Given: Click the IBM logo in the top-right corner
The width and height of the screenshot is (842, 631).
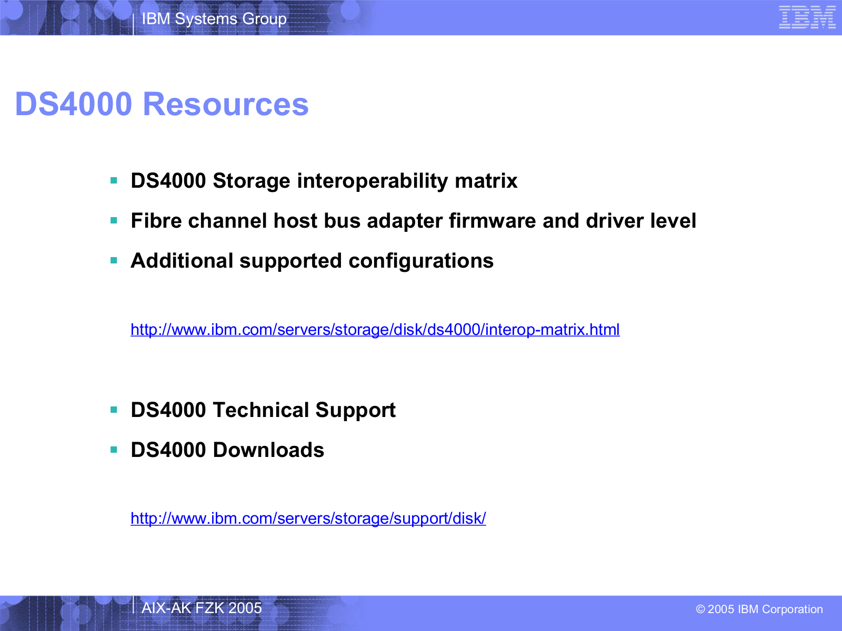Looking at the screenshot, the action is (x=807, y=17).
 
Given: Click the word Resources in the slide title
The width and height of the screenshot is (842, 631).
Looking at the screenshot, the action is (x=226, y=104).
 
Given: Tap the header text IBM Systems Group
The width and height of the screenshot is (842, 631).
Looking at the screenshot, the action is (x=214, y=19).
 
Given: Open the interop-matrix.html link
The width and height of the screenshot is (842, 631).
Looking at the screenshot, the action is (x=375, y=330).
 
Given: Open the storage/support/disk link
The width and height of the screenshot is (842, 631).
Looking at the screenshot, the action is (x=308, y=518).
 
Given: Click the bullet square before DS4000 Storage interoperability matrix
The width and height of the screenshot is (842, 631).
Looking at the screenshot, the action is (x=114, y=180).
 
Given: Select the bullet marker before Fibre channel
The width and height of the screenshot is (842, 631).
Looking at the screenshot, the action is (x=114, y=220).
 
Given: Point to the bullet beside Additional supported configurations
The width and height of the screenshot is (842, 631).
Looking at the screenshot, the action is (x=114, y=260).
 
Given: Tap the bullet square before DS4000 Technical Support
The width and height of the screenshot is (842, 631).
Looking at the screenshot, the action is (x=114, y=410).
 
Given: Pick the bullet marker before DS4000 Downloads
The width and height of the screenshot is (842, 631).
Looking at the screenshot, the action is (x=114, y=450).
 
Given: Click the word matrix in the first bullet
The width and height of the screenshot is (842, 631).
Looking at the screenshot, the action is (x=486, y=180).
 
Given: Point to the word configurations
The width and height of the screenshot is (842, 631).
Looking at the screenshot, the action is (x=421, y=261).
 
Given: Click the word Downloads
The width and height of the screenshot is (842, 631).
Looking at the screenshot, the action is (x=268, y=450).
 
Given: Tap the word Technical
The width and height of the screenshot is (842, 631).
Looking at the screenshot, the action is (x=261, y=410).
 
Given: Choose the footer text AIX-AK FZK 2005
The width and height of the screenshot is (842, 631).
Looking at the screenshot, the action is (x=202, y=608).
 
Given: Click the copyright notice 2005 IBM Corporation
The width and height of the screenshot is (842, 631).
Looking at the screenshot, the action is (x=759, y=609).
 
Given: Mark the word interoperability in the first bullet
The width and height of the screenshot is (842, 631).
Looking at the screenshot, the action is (x=373, y=181).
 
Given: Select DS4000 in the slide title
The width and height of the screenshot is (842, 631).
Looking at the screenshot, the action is (x=74, y=104).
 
